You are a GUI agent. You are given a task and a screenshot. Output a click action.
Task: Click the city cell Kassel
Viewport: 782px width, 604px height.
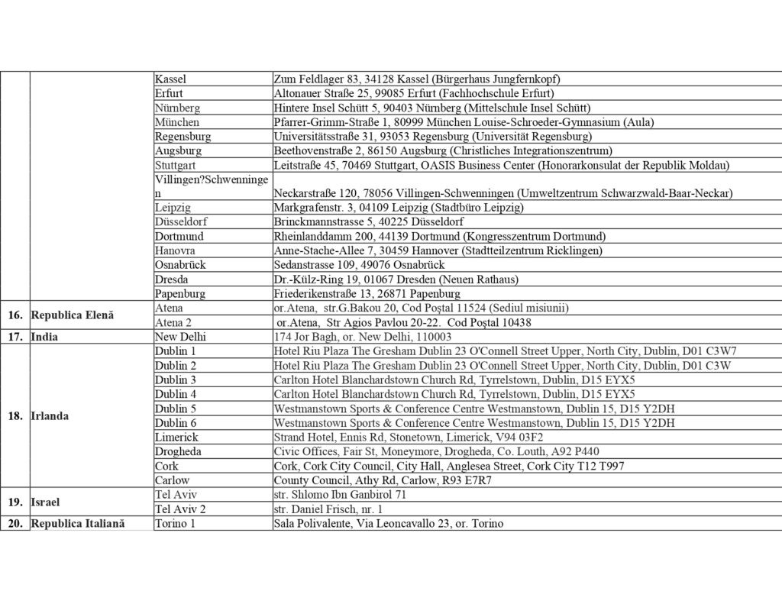[x=170, y=79]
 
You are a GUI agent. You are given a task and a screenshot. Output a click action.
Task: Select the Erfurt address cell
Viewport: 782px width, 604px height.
[x=414, y=93]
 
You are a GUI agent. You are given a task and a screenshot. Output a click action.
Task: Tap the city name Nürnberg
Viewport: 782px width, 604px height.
[x=177, y=108]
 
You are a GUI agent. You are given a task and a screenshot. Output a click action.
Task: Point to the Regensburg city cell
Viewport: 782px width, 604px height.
[x=183, y=136]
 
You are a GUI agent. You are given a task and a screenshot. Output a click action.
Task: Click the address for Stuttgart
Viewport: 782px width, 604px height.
[x=502, y=165]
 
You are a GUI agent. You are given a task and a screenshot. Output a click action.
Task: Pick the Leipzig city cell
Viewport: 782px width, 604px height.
[x=173, y=207]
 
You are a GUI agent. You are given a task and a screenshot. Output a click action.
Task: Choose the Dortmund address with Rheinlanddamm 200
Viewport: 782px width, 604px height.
[x=439, y=236]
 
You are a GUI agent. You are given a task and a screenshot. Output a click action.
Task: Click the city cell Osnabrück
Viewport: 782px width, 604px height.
[x=180, y=264]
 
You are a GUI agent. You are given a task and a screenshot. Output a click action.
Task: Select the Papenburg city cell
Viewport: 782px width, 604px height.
[x=179, y=293]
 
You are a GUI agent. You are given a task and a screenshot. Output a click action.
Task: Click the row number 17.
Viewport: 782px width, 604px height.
[x=15, y=337]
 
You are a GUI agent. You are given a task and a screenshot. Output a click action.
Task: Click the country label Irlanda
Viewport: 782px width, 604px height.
[x=50, y=416]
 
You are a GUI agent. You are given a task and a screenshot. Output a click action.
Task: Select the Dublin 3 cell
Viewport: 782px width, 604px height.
[x=175, y=380]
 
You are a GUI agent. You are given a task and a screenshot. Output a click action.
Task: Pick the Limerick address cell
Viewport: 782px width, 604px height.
[x=409, y=437]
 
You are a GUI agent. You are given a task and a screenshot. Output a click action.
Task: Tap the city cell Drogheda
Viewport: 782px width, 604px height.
[x=178, y=451]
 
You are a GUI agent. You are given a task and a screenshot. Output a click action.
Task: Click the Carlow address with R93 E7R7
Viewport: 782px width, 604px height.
[x=383, y=480]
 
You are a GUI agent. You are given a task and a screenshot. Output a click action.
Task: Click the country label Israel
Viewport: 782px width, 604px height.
[x=45, y=502]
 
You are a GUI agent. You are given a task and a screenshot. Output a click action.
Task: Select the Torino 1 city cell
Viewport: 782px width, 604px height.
[x=175, y=523]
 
